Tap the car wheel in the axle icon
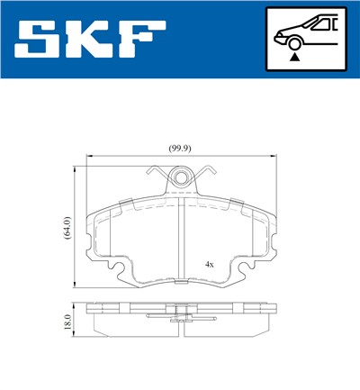[292, 41]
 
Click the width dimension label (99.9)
[182, 148]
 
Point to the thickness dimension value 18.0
[67, 319]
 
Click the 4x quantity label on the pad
[209, 264]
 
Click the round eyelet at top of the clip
[182, 178]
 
